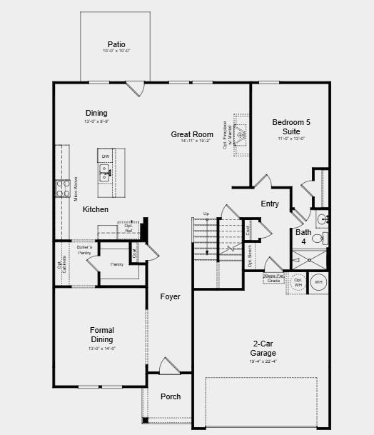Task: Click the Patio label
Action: pos(116,44)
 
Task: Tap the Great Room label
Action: pos(192,134)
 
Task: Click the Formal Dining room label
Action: pos(101,334)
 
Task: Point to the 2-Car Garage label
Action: pos(263,348)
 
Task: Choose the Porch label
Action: pos(171,396)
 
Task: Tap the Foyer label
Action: pos(170,296)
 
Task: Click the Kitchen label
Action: pos(96,209)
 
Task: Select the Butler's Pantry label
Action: pos(84,250)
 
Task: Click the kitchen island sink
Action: pos(105,171)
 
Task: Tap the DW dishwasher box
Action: pos(105,156)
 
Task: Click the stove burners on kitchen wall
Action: pos(61,188)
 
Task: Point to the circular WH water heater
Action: pos(318,282)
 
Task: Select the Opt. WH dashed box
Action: pos(298,282)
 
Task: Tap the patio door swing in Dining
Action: pos(135,89)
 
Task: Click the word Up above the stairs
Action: pos(206,214)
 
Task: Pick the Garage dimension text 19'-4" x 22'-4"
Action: pos(263,361)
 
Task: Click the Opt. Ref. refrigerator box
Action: pos(128,229)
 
